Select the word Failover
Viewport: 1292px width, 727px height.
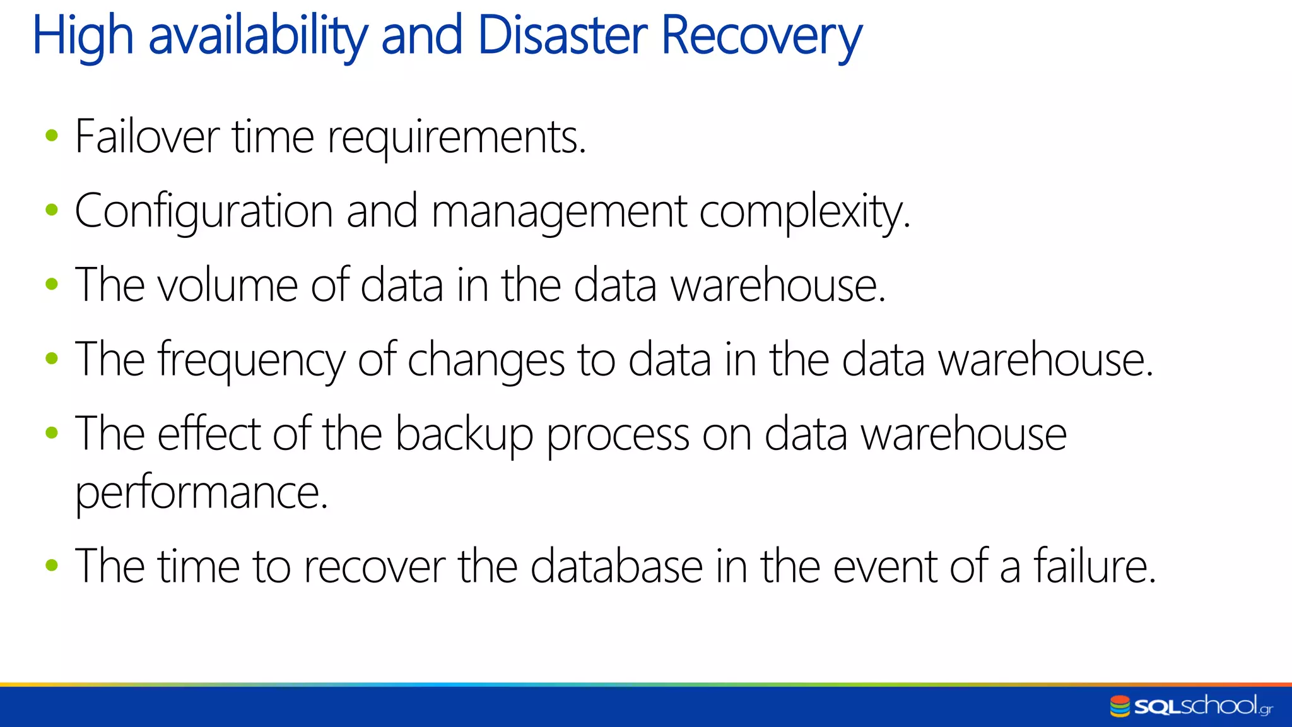(x=147, y=136)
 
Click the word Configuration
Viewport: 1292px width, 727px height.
(x=204, y=212)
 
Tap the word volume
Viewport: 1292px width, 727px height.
(x=227, y=285)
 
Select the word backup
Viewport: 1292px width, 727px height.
(x=464, y=435)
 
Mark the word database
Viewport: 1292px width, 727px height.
(x=616, y=566)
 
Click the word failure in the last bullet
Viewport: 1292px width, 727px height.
(x=1095, y=565)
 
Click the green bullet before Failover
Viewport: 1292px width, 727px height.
(x=52, y=135)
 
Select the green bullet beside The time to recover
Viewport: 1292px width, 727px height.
(x=52, y=565)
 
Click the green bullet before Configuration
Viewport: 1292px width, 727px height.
(x=52, y=210)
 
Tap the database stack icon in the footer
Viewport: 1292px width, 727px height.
(x=1120, y=706)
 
